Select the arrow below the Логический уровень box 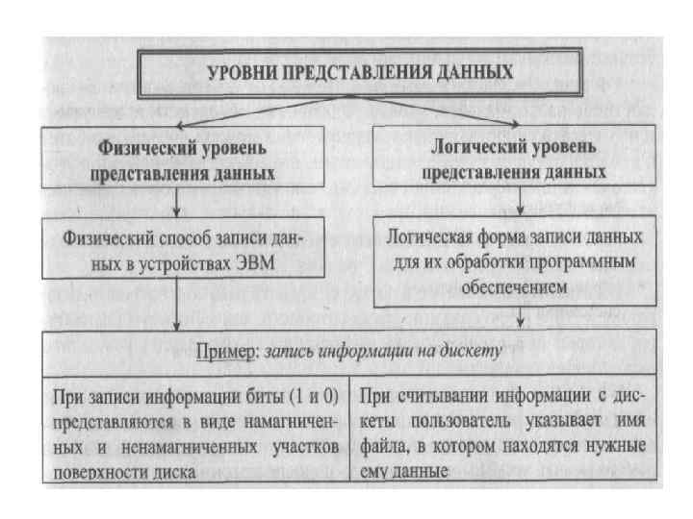click(x=520, y=200)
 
